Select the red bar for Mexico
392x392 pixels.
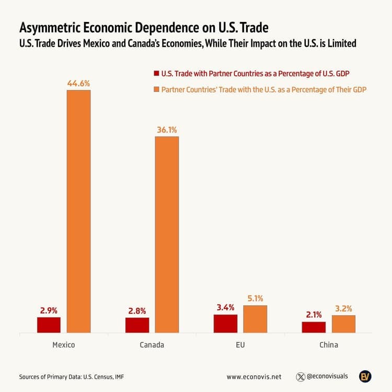point(49,325)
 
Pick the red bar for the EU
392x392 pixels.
point(225,323)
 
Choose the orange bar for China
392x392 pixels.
point(343,324)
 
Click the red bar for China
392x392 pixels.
point(314,327)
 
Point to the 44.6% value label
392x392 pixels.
point(78,83)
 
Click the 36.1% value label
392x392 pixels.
point(167,130)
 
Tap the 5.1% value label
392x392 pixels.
point(255,298)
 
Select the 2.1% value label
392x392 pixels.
point(314,315)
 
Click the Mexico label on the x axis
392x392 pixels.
point(64,345)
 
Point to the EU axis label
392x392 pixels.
point(240,345)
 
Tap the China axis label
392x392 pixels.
point(329,345)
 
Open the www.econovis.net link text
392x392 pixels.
point(254,376)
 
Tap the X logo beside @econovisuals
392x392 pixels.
point(301,376)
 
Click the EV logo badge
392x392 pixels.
point(365,376)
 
